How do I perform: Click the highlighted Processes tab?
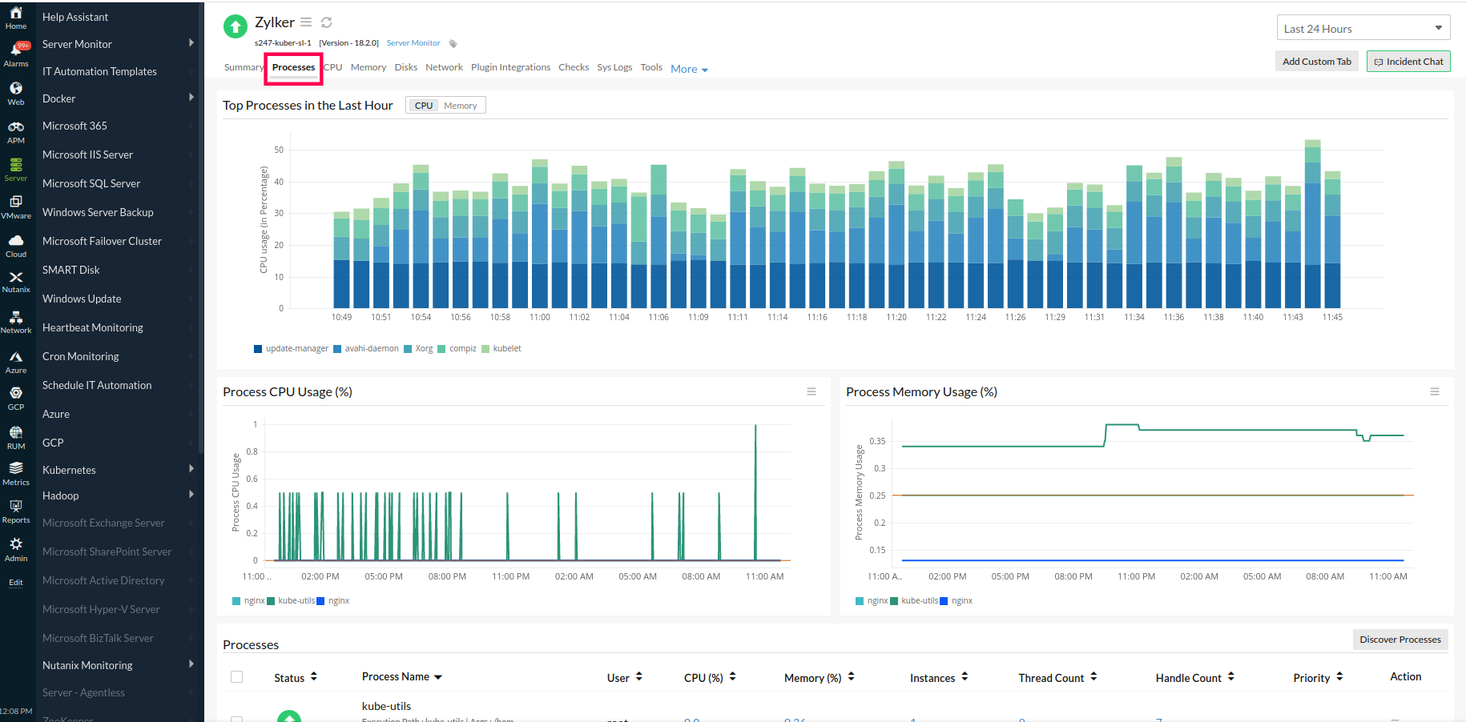point(293,68)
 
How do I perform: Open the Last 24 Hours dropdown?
point(1363,29)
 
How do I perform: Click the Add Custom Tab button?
point(1316,62)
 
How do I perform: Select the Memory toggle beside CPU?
point(460,106)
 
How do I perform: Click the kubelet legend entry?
point(506,349)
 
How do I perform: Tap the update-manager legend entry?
point(296,349)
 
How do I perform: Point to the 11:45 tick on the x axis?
point(1332,318)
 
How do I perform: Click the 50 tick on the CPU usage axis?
point(279,150)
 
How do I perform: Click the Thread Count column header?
point(1051,678)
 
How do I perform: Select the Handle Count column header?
point(1188,678)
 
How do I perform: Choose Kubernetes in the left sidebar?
point(69,470)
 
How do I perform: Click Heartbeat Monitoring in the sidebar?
point(93,327)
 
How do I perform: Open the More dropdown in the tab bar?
point(689,70)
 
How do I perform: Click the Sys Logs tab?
point(614,68)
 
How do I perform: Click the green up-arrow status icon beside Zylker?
point(235,27)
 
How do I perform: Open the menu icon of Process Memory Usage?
point(1434,392)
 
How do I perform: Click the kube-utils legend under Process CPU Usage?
point(296,601)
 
